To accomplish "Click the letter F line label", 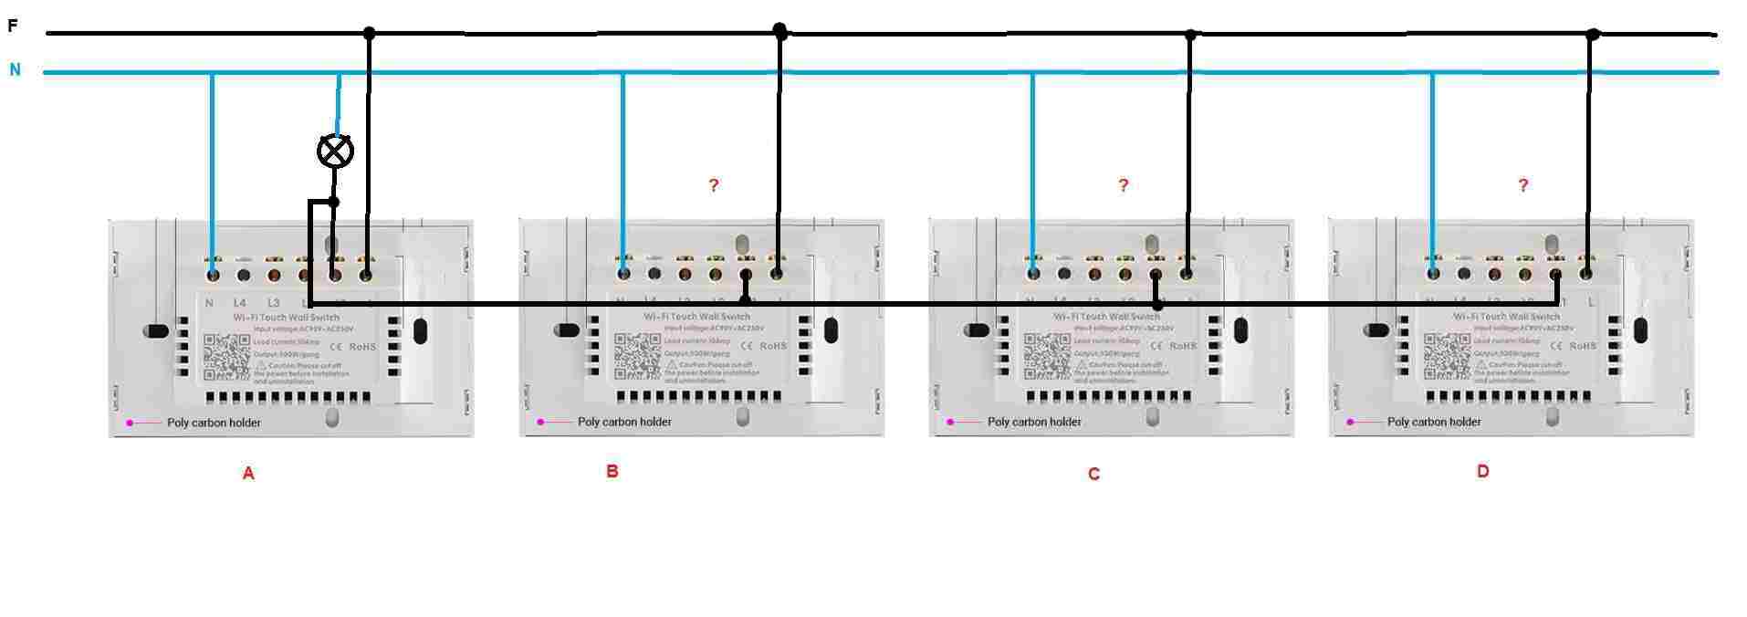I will pos(13,26).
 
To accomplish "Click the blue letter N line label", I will pos(15,69).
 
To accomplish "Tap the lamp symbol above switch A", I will pos(335,151).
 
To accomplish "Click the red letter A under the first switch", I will pos(247,474).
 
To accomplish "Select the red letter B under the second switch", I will pos(612,472).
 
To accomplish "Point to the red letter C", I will pos(1093,475).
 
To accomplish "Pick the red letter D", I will pos(1482,472).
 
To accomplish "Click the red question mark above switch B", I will pos(714,185).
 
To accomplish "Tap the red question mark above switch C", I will pos(1124,185).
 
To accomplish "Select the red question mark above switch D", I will pos(1522,185).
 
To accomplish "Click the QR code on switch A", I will pos(226,357).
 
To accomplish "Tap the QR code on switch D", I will pos(1447,357).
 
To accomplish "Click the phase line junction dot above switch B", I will pos(779,31).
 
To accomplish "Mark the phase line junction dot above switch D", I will pos(1593,35).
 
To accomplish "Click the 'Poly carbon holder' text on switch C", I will pos(1034,423).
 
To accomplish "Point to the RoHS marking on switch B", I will pos(773,347).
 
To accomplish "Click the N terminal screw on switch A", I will pos(213,273).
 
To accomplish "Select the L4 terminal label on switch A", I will pos(240,303).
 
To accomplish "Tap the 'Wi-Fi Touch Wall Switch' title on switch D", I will pos(1506,317).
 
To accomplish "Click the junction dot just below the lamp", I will pos(334,202).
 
